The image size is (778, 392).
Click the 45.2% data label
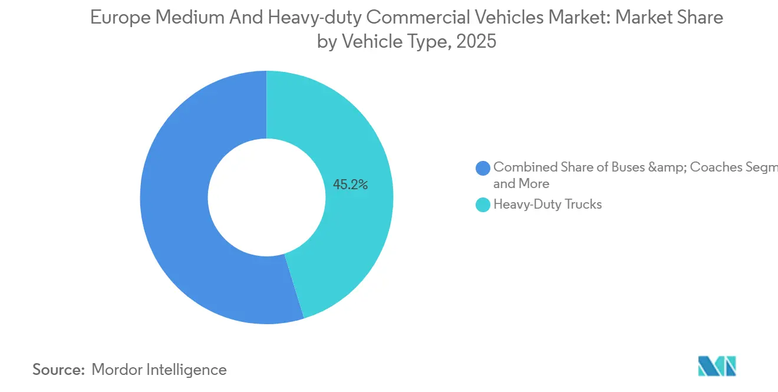(x=350, y=185)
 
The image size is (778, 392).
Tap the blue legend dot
(x=483, y=168)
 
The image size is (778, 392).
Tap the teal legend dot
(x=483, y=205)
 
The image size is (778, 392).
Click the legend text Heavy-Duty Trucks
(x=548, y=205)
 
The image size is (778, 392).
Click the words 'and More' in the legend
(x=521, y=183)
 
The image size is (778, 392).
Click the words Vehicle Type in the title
(x=393, y=42)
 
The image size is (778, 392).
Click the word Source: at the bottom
(x=59, y=370)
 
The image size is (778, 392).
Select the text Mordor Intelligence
(x=159, y=370)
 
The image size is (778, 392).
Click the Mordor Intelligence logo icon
(x=717, y=366)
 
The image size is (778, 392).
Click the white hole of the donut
(x=266, y=197)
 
